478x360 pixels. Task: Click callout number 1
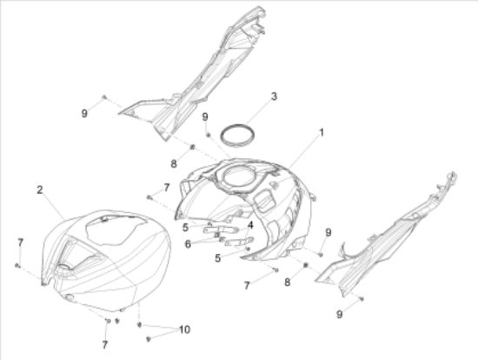pos(321,133)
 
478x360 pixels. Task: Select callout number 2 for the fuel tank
pos(40,190)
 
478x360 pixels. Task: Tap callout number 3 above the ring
pos(274,97)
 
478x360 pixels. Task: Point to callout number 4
pos(250,225)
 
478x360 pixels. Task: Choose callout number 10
pos(185,330)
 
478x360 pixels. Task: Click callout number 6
pos(188,244)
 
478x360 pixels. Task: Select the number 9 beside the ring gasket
pos(205,117)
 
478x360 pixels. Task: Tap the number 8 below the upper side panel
pos(174,164)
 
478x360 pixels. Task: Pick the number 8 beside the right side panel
pos(287,283)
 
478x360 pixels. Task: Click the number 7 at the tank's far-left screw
pos(21,243)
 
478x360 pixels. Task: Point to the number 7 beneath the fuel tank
pos(105,345)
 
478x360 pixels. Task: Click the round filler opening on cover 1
pos(238,176)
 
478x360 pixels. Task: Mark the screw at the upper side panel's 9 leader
pos(104,97)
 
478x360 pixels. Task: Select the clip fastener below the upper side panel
pos(192,147)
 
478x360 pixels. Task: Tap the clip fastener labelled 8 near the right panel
pos(306,265)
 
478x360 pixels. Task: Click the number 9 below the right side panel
pos(340,314)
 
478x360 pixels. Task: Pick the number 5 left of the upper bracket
pos(185,228)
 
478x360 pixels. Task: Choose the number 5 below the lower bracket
pos(217,258)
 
